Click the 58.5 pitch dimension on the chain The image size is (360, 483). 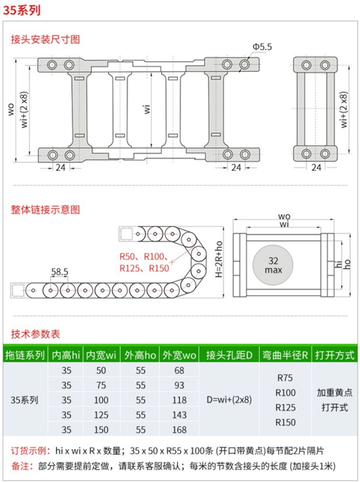tap(60, 272)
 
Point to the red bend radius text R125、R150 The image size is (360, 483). tap(144, 268)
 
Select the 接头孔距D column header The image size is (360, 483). tap(229, 355)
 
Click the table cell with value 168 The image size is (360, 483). tap(179, 430)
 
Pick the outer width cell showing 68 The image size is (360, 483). tap(179, 370)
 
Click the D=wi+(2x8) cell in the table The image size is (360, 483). tap(229, 400)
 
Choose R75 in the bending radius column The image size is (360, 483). tap(286, 377)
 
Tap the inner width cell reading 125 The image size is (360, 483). tap(101, 415)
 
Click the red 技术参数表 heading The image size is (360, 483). tap(36, 334)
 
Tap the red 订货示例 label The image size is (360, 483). tap(29, 451)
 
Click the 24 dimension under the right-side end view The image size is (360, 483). tap(316, 167)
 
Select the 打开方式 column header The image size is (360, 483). tap(335, 355)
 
